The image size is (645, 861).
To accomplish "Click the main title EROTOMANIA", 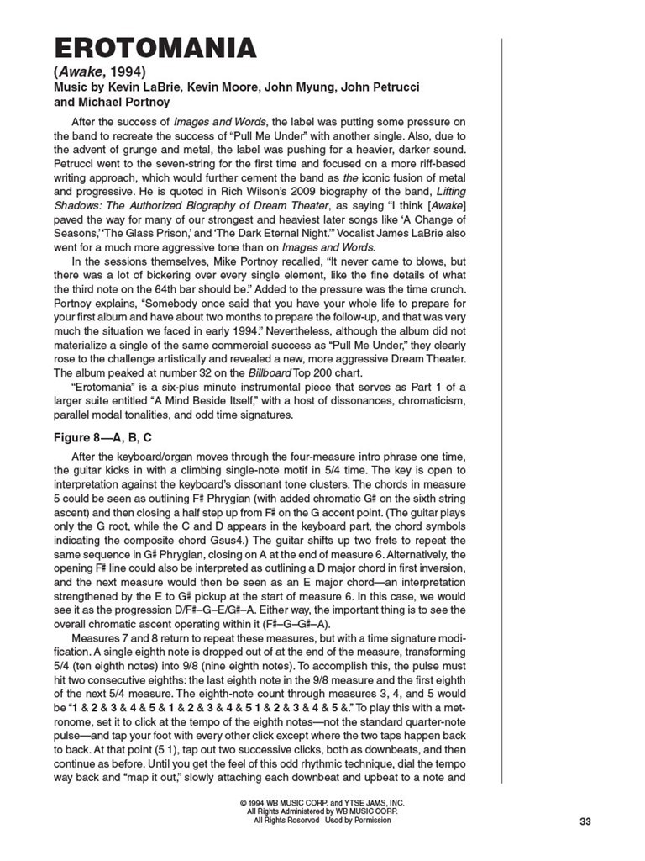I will click(155, 48).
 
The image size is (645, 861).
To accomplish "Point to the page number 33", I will click(586, 821).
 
